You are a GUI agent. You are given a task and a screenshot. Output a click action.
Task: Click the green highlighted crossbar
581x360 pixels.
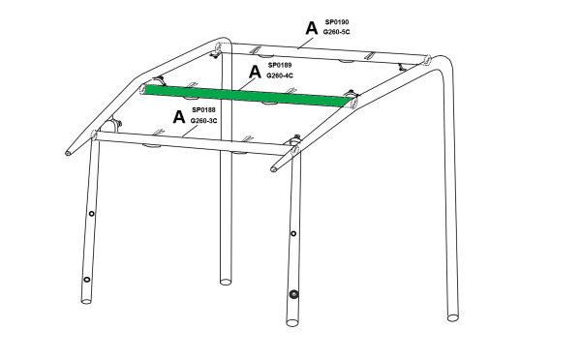[x=245, y=96]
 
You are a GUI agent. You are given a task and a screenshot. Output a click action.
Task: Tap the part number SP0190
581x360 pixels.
[x=337, y=22]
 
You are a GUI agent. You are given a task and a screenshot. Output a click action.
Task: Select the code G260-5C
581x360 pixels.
[x=336, y=32]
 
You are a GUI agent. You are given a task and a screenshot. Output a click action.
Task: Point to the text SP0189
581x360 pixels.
[x=280, y=65]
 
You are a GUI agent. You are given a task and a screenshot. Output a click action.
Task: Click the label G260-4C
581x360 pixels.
[x=280, y=75]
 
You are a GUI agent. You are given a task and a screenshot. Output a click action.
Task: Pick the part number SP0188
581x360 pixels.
[x=203, y=110]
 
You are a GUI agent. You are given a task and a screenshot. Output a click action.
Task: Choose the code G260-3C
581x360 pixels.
[x=203, y=121]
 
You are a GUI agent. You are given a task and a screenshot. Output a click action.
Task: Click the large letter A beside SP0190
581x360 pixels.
[x=312, y=28]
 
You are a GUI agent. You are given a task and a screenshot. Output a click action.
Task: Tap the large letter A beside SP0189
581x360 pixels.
[x=255, y=72]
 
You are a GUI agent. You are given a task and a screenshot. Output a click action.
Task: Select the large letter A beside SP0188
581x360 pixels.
[x=179, y=117]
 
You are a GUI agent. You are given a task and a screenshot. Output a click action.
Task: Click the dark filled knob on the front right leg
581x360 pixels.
[x=293, y=294]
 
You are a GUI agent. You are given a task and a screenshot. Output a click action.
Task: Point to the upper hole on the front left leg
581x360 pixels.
[x=91, y=214]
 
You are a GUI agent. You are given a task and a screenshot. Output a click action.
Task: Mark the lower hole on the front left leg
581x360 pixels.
[x=87, y=280]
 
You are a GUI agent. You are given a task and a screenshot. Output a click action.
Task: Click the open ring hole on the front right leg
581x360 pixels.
[x=293, y=233]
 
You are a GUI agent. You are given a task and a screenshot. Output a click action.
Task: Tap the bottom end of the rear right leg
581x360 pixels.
[x=452, y=317]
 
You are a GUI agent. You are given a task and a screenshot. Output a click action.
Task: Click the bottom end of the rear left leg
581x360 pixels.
[x=226, y=282]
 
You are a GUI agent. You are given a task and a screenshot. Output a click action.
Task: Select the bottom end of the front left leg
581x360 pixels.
[x=86, y=301]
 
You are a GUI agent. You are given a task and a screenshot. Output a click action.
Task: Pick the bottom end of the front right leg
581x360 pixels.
[x=292, y=322]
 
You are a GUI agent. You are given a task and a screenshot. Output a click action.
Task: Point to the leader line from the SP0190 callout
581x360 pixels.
[x=307, y=43]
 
